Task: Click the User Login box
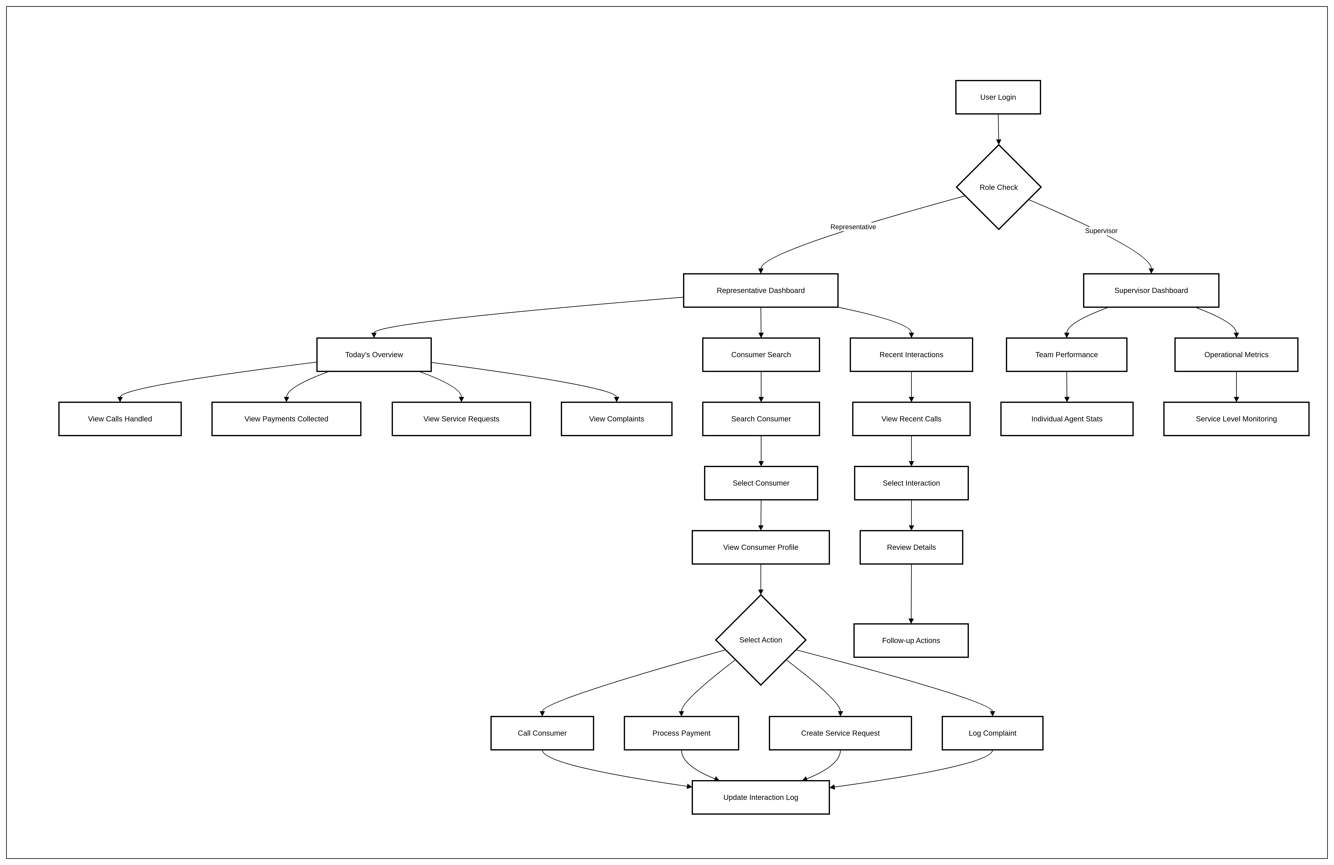point(998,97)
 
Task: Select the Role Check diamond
point(998,187)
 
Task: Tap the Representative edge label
point(853,227)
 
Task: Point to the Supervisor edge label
point(1101,231)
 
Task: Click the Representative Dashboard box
point(761,290)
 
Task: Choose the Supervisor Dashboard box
point(1151,290)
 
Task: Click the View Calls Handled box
point(120,419)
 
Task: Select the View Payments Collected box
point(286,419)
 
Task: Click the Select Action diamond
point(761,640)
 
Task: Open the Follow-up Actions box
point(911,640)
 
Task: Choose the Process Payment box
point(681,733)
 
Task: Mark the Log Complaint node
point(992,733)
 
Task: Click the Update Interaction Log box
point(761,797)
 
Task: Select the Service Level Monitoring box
point(1236,419)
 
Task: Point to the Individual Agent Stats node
point(1067,419)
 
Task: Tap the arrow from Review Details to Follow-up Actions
point(911,594)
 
